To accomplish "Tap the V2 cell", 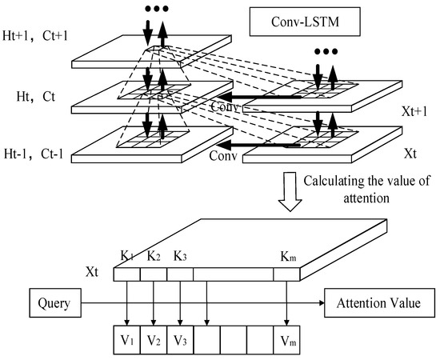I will [154, 338].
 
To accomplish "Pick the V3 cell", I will [180, 338].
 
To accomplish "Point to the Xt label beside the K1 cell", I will [95, 273].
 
